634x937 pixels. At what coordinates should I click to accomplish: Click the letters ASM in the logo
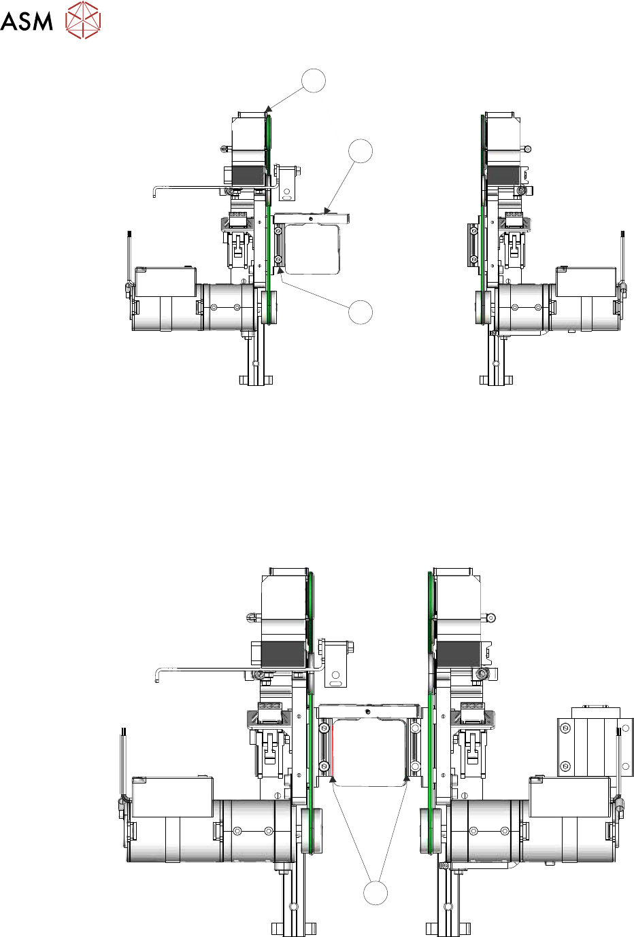pos(26,21)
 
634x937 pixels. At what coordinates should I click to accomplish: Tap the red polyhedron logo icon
pos(83,20)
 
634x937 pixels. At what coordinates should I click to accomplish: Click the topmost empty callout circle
pos(314,80)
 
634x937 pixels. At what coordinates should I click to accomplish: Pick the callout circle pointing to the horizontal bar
pos(361,151)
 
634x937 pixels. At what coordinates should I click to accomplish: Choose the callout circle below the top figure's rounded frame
pos(361,312)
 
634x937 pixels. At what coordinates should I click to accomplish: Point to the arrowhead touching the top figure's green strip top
pos(268,109)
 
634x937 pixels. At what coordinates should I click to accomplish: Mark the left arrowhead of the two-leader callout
pos(333,779)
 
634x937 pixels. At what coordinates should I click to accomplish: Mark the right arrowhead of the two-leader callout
pos(406,779)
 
